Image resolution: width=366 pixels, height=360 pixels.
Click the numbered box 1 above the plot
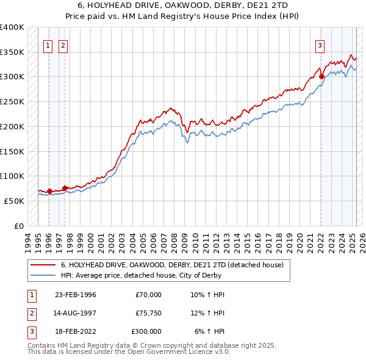pyautogui.click(x=48, y=44)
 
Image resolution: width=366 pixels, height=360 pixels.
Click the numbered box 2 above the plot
pyautogui.click(x=63, y=44)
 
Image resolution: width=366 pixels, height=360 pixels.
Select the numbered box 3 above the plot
pyautogui.click(x=320, y=44)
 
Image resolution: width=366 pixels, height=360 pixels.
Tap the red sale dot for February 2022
pyautogui.click(x=321, y=77)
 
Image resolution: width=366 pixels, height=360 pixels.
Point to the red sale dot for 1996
pyautogui.click(x=49, y=191)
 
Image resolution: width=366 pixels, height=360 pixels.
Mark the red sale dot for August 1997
pyautogui.click(x=65, y=189)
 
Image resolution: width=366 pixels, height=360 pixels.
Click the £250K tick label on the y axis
pyautogui.click(x=12, y=101)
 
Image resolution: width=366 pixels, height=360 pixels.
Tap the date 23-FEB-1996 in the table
pyautogui.click(x=76, y=295)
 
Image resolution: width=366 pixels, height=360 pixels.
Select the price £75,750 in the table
pyautogui.click(x=148, y=313)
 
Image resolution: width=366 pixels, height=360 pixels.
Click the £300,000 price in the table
pyautogui.click(x=146, y=331)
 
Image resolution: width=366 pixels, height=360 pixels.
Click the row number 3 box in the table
pyautogui.click(x=31, y=331)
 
